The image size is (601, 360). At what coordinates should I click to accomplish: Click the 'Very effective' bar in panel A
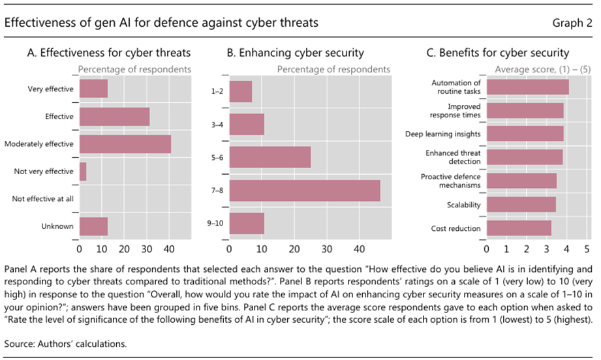[93, 88]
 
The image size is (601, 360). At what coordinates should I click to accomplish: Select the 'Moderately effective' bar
[125, 143]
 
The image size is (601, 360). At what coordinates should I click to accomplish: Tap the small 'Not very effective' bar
[83, 172]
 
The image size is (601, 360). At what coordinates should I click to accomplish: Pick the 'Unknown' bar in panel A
[93, 226]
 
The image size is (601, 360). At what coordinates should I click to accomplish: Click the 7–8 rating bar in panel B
[304, 190]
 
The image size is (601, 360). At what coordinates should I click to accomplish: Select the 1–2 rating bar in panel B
[241, 91]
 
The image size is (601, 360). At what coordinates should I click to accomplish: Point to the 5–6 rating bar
[270, 157]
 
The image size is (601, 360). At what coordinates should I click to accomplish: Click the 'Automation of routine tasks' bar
[527, 87]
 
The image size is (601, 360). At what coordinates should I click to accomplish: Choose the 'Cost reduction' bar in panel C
[519, 228]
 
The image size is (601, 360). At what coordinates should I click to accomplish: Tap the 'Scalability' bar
[521, 205]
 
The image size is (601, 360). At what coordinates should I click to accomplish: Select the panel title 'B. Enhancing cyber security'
[295, 53]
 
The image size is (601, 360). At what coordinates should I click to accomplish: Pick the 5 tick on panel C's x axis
[587, 249]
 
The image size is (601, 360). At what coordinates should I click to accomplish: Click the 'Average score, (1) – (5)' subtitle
[542, 68]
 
